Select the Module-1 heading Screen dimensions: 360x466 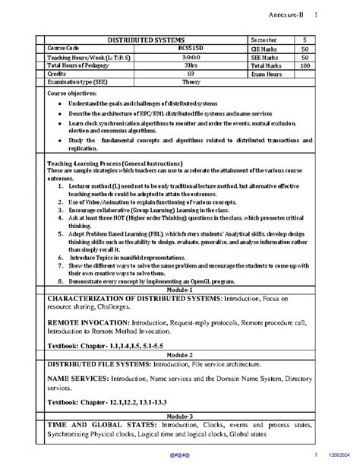pyautogui.click(x=180, y=290)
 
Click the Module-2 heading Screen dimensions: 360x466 pyautogui.click(x=180, y=354)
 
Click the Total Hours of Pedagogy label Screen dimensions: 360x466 pyautogui.click(x=80, y=66)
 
